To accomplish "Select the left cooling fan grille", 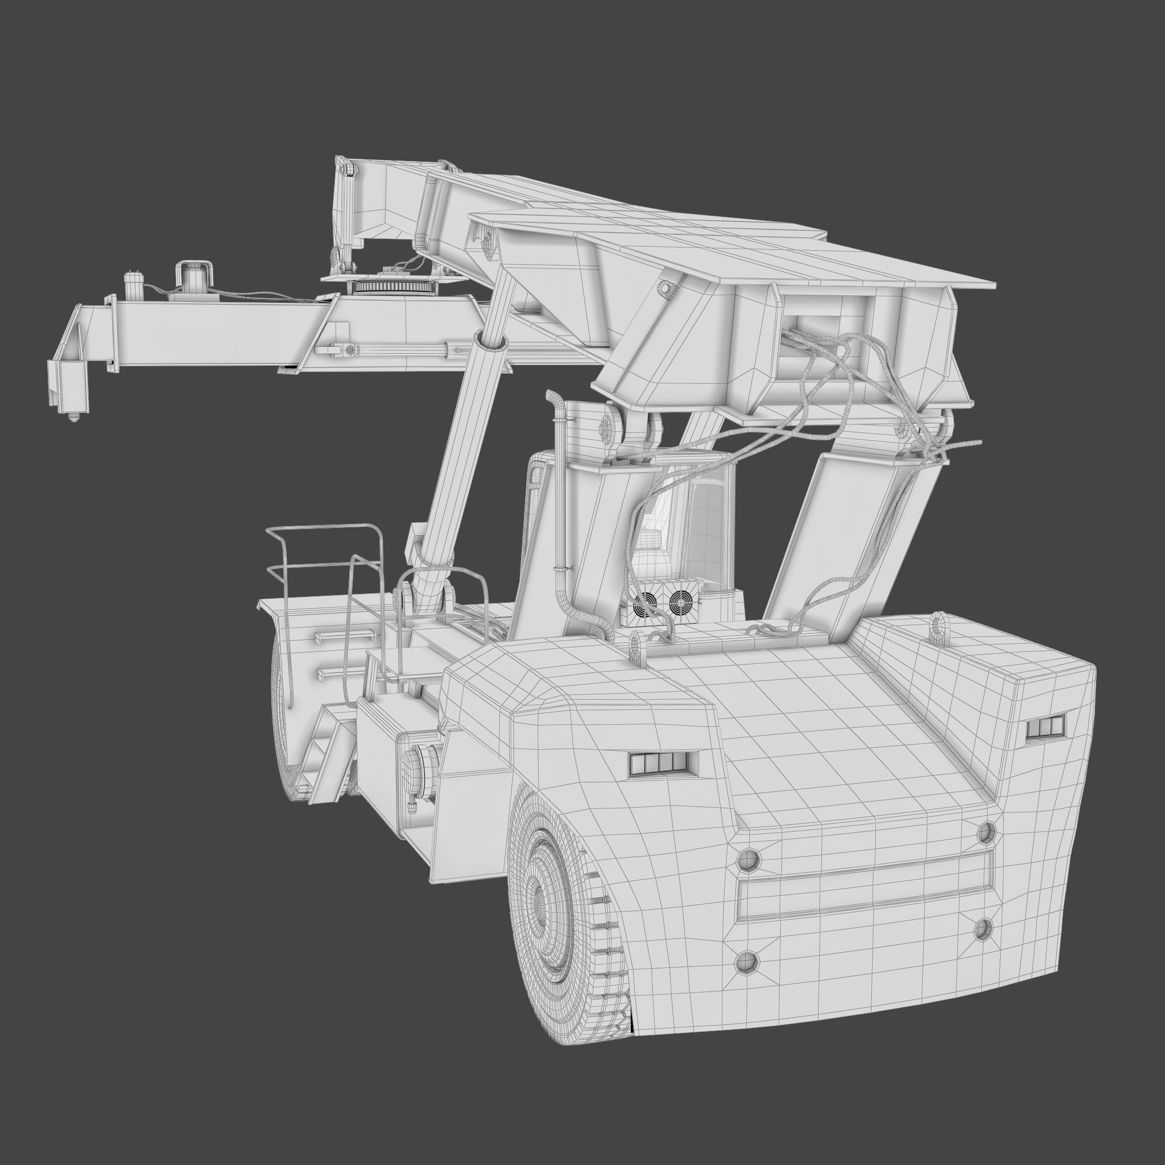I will (x=645, y=602).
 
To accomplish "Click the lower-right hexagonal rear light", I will (x=984, y=929).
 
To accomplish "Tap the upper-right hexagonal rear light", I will (x=986, y=833).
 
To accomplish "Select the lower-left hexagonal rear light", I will (x=746, y=961).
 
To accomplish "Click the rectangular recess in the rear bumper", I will (x=865, y=889).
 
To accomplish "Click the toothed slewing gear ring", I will (x=393, y=287).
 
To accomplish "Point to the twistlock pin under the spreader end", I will (x=73, y=415).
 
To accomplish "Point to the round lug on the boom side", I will (x=666, y=290).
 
